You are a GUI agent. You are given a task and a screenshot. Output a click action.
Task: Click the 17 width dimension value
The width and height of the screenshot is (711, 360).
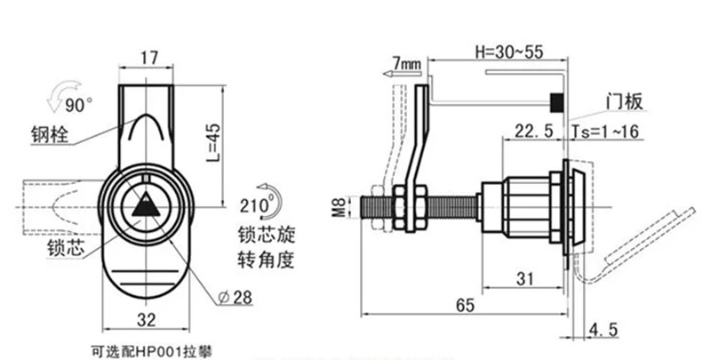(x=148, y=58)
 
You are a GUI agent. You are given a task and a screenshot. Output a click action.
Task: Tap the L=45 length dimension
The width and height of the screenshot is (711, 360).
(x=213, y=143)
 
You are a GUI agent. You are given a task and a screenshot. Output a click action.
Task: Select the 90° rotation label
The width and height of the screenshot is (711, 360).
(x=78, y=106)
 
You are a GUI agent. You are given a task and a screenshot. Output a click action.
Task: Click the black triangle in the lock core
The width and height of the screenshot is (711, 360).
(x=146, y=205)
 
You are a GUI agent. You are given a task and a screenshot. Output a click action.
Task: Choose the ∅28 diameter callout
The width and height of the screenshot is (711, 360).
(x=235, y=298)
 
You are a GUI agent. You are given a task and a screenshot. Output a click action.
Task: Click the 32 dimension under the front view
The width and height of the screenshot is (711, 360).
(x=146, y=320)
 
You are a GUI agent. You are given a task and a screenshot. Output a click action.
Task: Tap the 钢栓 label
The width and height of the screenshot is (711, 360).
(x=50, y=134)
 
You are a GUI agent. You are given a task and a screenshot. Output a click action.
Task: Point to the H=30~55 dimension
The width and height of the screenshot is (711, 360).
(x=508, y=52)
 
